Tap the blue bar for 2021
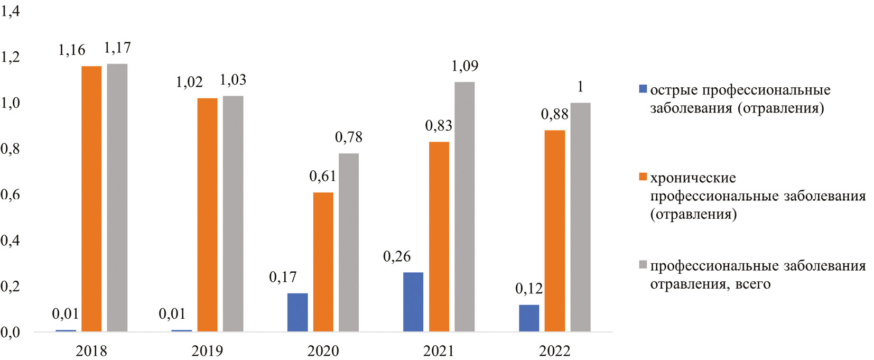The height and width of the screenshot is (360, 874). tap(413, 302)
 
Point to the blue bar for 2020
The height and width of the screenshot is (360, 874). tap(297, 312)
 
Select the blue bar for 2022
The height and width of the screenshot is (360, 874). tap(529, 318)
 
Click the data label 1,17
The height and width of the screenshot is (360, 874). tap(117, 48)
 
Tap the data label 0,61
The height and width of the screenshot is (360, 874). tap(322, 177)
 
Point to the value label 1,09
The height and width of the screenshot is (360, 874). tap(464, 66)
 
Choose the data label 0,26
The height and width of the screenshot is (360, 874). tap(397, 257)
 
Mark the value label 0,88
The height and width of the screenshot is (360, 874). tap(554, 115)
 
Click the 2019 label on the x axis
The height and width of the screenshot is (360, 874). tap(207, 350)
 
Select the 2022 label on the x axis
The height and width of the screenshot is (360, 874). tap(555, 350)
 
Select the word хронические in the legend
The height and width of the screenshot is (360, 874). tap(693, 178)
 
